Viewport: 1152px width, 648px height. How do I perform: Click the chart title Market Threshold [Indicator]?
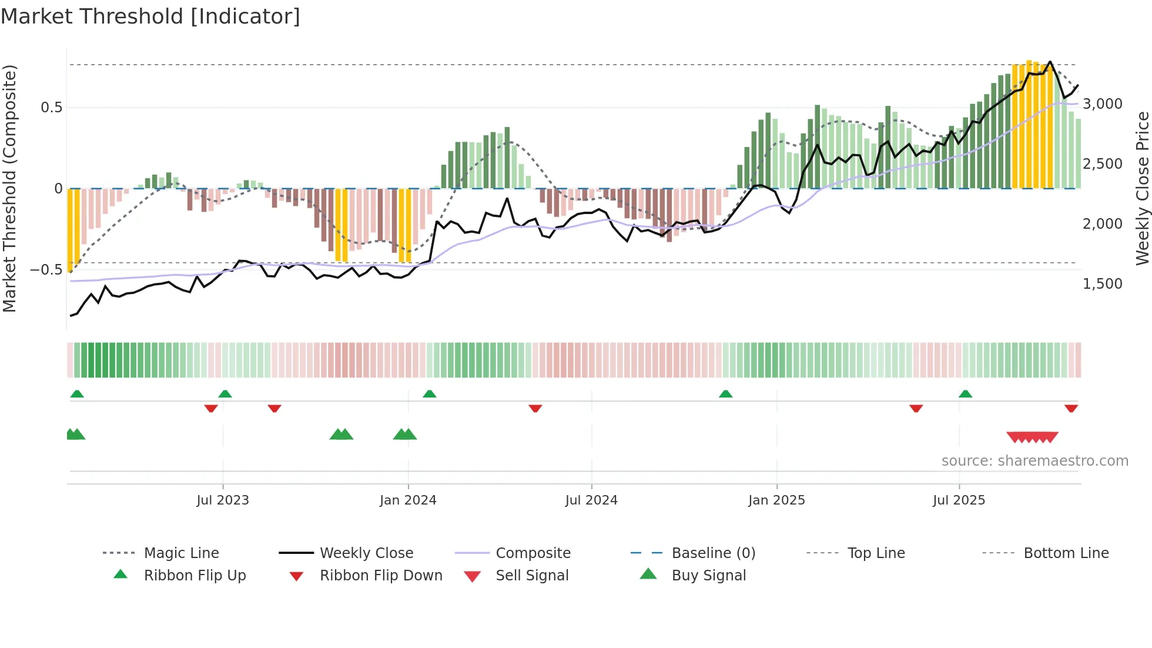point(150,16)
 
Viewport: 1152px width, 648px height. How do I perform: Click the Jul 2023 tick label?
point(223,500)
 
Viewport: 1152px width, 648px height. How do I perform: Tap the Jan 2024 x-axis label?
point(408,500)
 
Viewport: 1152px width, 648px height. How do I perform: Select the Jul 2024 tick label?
point(591,500)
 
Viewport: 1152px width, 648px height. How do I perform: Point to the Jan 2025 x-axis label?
point(776,500)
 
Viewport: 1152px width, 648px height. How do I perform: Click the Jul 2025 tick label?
point(959,500)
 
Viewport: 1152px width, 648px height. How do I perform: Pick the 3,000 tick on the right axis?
point(1103,104)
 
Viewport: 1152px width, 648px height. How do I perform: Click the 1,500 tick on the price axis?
point(1103,284)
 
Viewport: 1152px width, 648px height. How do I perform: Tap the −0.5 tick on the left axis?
point(46,270)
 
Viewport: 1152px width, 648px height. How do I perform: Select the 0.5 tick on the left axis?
point(51,108)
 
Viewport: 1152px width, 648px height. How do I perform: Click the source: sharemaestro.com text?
point(1034,461)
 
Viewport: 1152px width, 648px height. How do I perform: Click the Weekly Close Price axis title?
point(1142,188)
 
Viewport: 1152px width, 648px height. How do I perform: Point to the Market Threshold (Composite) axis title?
point(9,188)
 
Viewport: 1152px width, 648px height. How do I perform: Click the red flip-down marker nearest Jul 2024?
point(535,408)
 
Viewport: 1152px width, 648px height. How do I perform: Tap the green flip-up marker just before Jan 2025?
point(725,394)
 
